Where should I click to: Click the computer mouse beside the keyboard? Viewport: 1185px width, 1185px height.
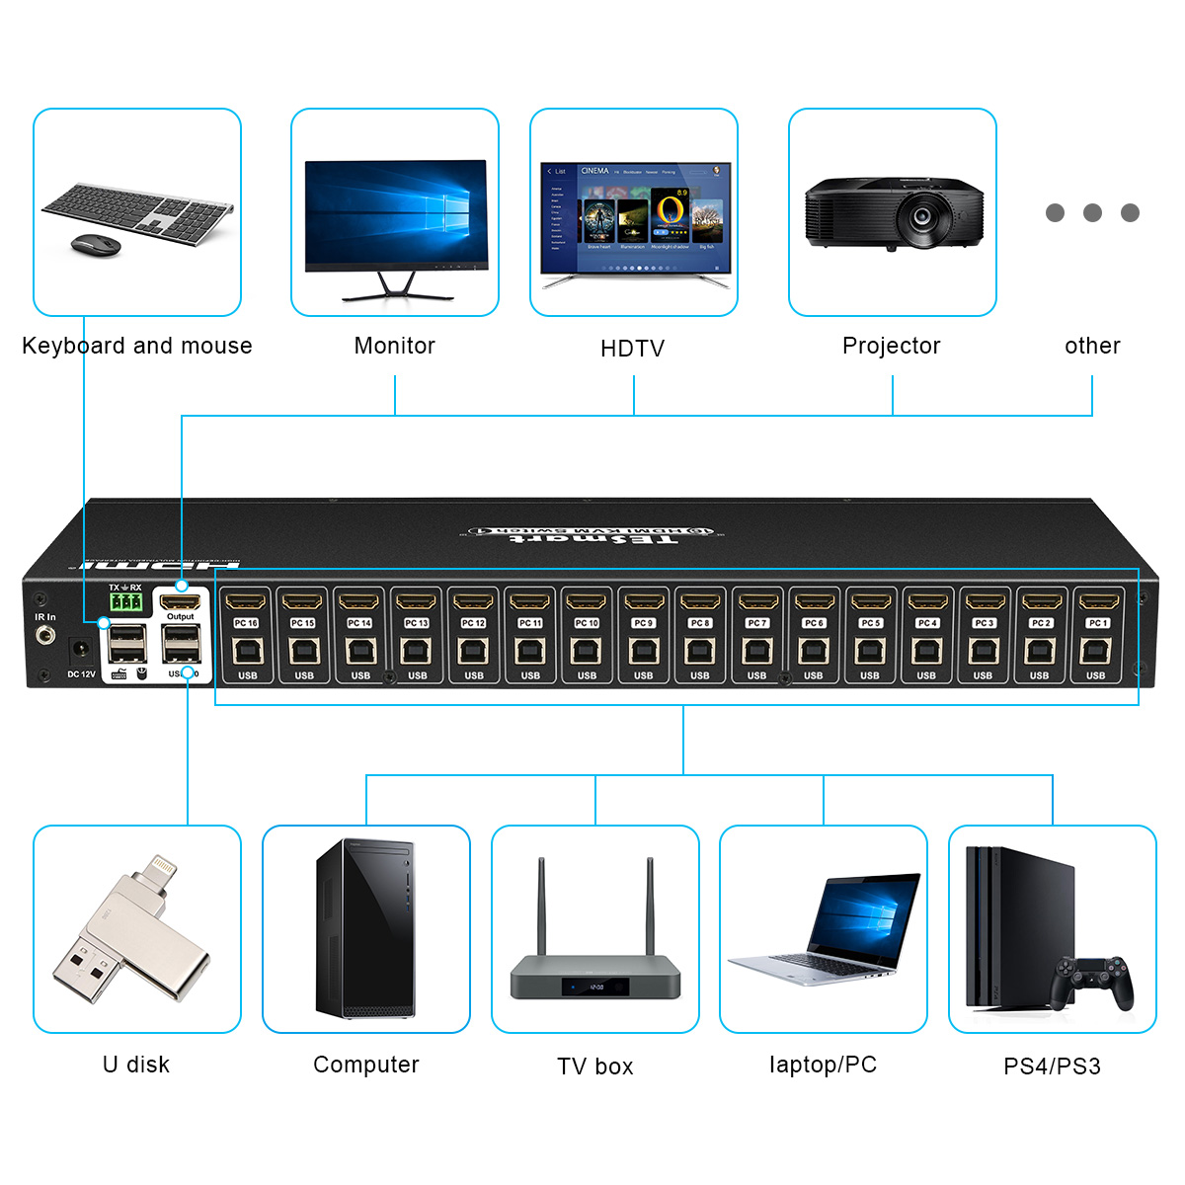coord(96,244)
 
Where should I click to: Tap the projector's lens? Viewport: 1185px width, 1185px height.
coord(922,213)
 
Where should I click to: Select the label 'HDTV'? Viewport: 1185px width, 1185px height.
coord(632,349)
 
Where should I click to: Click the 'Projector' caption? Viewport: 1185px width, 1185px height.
coord(891,346)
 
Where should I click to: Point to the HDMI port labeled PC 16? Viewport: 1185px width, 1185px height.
coord(246,600)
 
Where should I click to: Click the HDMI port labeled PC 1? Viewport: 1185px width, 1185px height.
coord(1097,600)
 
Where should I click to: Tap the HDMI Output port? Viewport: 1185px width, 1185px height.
coord(180,600)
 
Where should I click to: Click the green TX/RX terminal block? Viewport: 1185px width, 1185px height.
coord(125,601)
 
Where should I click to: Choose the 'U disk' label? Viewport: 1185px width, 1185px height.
coord(136,1065)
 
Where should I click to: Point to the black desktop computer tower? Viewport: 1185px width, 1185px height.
coord(364,928)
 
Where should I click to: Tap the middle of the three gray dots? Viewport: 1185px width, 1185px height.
coord(1092,212)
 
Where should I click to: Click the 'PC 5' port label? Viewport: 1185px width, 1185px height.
coord(870,623)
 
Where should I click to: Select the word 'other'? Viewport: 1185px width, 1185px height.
coord(1092,346)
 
